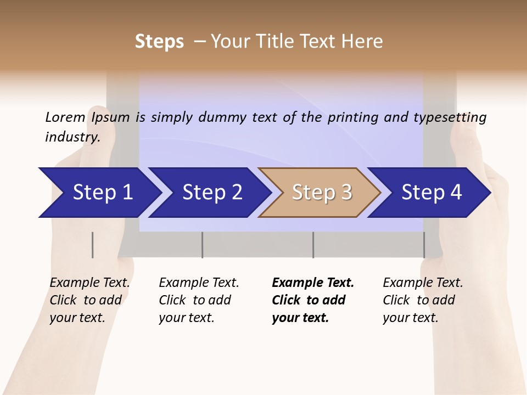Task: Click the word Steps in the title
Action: pos(159,42)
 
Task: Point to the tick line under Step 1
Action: pos(93,245)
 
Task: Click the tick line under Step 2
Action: pos(203,245)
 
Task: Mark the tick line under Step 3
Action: pos(313,245)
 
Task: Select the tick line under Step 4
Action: pos(424,245)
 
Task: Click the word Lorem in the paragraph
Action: pos(65,117)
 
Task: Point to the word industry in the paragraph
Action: pos(72,137)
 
